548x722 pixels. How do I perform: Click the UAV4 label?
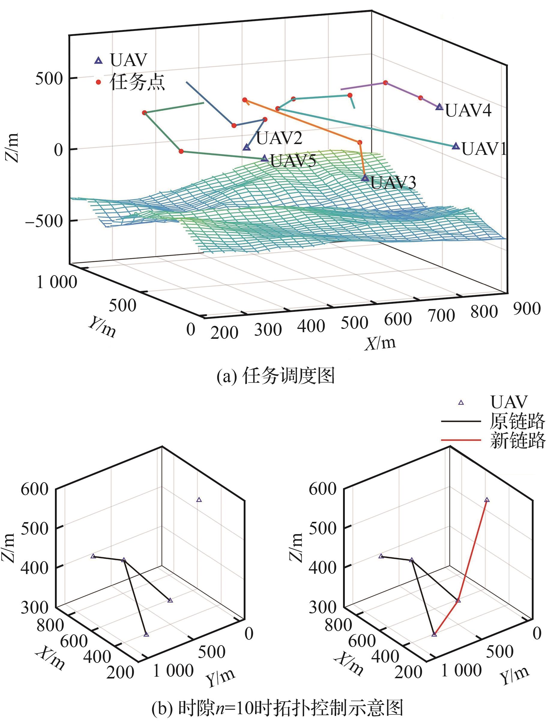(468, 111)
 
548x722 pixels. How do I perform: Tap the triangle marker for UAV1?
(456, 146)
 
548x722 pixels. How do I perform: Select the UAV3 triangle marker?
(365, 178)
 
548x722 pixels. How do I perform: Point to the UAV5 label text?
(293, 161)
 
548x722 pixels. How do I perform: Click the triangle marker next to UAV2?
(247, 148)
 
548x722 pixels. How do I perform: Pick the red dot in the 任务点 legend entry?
(98, 82)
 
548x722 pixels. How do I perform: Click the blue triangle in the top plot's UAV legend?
(98, 60)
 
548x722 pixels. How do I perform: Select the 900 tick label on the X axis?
(527, 308)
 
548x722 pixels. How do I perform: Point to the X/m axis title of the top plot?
(380, 343)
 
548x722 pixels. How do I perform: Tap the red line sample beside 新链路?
(461, 440)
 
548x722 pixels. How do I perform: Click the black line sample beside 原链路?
(461, 421)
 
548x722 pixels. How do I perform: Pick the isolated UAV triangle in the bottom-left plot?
(199, 500)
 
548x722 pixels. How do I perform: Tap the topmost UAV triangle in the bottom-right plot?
(487, 500)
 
